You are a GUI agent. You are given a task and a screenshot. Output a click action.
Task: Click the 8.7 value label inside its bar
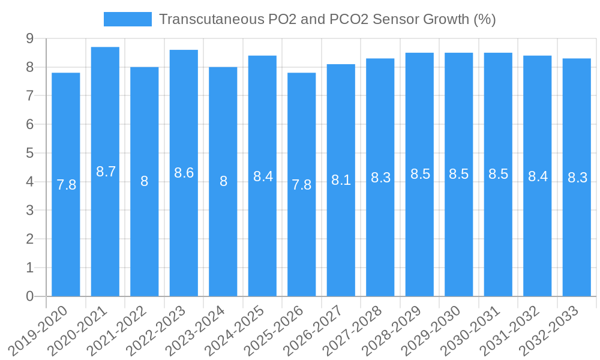(106, 172)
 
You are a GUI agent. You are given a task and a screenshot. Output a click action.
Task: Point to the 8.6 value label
(184, 173)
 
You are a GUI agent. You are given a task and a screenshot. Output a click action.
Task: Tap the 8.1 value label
(341, 180)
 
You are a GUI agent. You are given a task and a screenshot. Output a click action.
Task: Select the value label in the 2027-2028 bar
(380, 178)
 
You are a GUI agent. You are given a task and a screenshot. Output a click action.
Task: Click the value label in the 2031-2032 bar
(538, 176)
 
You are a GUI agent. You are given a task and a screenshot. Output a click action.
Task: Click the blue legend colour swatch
(127, 19)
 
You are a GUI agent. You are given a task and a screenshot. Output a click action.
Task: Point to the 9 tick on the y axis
(29, 38)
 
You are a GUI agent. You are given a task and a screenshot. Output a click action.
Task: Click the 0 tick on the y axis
(29, 296)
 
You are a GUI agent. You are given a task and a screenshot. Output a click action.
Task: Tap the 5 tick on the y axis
(29, 153)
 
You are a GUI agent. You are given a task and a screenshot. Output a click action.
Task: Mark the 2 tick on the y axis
(29, 239)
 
